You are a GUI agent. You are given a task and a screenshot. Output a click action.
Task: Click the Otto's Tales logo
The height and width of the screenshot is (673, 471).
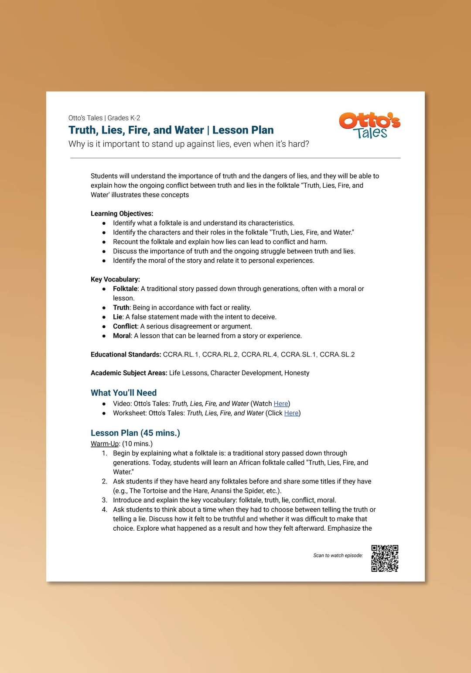coord(370,125)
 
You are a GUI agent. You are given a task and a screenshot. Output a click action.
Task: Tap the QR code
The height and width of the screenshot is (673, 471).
coord(385,558)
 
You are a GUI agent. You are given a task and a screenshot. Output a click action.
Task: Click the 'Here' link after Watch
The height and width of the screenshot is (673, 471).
coord(281,404)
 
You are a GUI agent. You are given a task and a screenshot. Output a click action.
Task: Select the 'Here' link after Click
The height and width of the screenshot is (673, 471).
coord(291,413)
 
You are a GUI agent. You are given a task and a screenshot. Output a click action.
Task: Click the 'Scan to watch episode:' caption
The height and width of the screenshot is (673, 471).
coord(338,556)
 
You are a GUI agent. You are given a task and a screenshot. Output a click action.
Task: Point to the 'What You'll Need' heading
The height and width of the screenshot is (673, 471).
coord(123,393)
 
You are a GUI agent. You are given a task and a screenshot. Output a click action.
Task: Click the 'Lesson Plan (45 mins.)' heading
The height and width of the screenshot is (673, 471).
coord(135,433)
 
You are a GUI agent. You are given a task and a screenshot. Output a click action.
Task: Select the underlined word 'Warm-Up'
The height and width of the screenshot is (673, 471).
coord(105,444)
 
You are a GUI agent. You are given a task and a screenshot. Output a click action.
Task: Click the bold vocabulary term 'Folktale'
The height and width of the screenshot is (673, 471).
coord(125,289)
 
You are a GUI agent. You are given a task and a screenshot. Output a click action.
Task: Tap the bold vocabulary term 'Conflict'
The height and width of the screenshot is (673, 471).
coord(125,326)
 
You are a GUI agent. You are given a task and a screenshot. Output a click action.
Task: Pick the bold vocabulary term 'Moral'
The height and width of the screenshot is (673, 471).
coord(122,336)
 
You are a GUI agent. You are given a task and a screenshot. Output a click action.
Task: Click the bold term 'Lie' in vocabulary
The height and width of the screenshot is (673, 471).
coord(117,317)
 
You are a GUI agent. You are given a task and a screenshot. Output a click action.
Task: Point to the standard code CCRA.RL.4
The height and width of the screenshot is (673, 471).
coord(259,354)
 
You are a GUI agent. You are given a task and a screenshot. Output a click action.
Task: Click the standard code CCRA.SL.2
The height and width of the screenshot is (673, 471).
coord(337,354)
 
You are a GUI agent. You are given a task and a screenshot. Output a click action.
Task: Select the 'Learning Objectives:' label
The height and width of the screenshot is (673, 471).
coord(122,213)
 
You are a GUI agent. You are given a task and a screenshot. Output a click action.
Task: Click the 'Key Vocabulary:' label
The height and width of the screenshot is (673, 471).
coord(115,279)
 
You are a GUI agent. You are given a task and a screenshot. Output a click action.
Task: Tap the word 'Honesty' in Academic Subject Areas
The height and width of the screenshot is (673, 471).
coord(297,373)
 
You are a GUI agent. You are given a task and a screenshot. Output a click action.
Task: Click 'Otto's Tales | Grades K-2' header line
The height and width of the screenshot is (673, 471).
coord(104,118)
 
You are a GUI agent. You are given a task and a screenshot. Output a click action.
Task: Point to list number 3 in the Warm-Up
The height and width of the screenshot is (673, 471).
coord(105,500)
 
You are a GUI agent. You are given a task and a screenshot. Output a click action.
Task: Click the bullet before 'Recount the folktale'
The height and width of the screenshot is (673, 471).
coord(104,242)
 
